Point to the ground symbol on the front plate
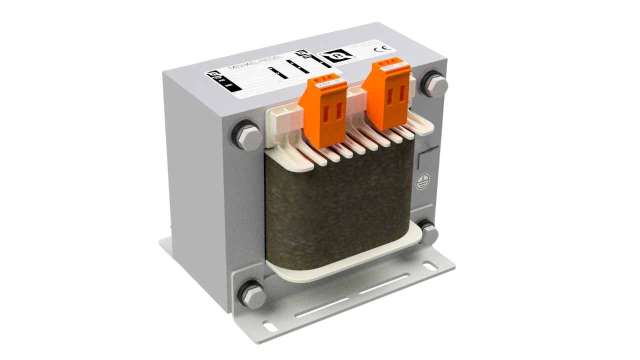tap(421, 182)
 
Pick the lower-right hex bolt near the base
tap(429, 233)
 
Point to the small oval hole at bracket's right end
tap(430, 267)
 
